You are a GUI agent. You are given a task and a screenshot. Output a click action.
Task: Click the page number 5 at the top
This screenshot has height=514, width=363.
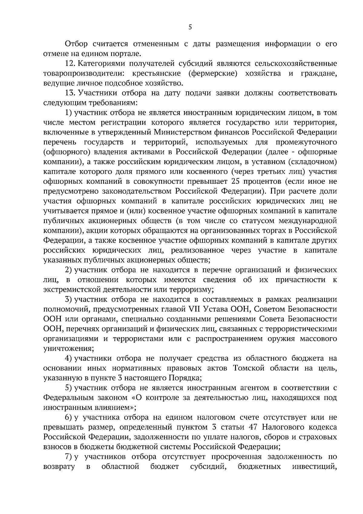pyautogui.click(x=190, y=27)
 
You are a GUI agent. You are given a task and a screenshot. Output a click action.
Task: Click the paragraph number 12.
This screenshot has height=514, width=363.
pyautogui.click(x=69, y=64)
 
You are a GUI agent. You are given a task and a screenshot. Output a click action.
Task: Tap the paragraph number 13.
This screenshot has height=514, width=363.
pyautogui.click(x=69, y=93)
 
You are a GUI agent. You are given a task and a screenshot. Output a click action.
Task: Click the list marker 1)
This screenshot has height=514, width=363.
pyautogui.click(x=68, y=113)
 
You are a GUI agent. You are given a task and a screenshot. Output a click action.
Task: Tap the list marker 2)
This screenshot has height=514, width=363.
pyautogui.click(x=69, y=270)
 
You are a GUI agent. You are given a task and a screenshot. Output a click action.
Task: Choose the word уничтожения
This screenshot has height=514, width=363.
pyautogui.click(x=68, y=348)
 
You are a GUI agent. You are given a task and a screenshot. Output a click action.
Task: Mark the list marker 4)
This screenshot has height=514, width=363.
pyautogui.click(x=69, y=358)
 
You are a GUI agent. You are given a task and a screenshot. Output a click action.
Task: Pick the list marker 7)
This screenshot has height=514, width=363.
pyautogui.click(x=69, y=456)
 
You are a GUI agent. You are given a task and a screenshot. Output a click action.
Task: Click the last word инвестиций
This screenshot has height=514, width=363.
pyautogui.click(x=315, y=466)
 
